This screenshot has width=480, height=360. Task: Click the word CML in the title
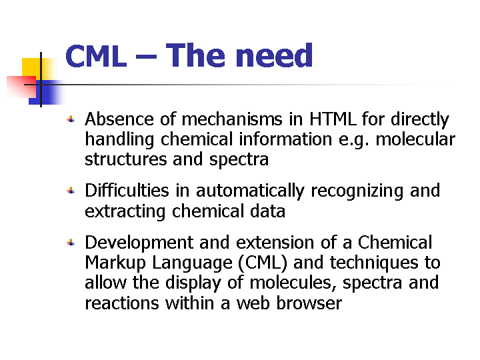point(96,56)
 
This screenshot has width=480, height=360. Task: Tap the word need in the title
point(274,55)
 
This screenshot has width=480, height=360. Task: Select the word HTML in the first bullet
point(333,119)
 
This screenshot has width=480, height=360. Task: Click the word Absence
point(119,119)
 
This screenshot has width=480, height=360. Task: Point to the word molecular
point(415,139)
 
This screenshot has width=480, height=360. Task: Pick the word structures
point(126,159)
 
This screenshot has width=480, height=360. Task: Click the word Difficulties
point(127,191)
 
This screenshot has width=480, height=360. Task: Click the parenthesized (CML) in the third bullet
point(263,263)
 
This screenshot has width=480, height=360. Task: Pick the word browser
point(309,303)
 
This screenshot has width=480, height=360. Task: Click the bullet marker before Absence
point(71,119)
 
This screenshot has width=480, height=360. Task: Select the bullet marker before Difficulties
point(71,191)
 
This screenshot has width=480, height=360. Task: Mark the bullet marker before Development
point(71,243)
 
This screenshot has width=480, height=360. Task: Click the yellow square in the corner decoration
point(31,67)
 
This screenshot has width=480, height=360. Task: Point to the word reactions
point(122,304)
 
